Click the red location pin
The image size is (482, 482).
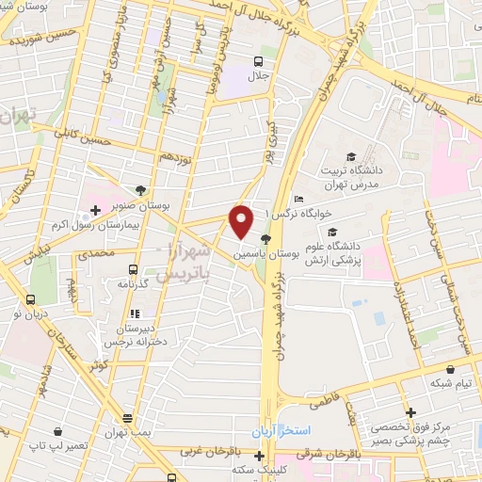[x=242, y=221]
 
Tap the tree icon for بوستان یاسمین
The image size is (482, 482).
[x=266, y=239]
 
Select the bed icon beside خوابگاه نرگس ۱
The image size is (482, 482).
[x=298, y=199]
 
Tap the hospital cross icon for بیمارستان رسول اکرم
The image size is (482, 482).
[x=95, y=208]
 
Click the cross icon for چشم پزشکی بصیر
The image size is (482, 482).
[x=410, y=412]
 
